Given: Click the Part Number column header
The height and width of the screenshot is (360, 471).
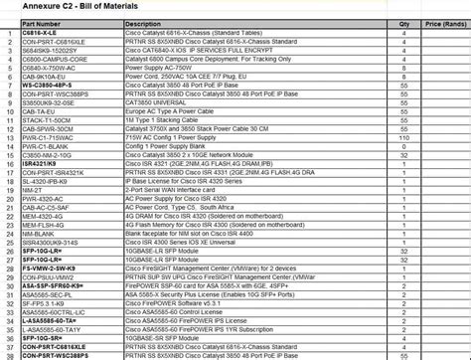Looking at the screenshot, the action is click(x=40, y=22).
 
